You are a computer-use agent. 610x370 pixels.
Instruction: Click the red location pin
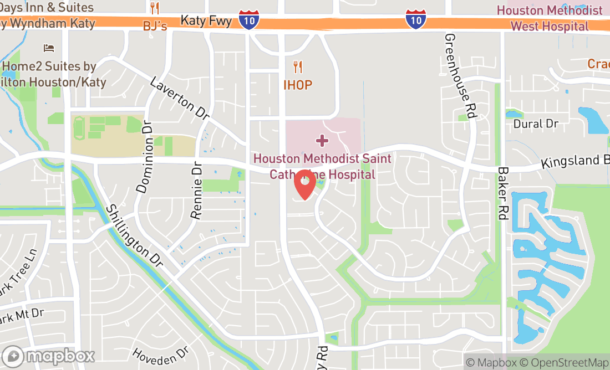pos(304,184)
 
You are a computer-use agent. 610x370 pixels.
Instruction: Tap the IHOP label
pos(298,85)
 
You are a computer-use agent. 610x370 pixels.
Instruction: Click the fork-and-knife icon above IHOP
pos(298,68)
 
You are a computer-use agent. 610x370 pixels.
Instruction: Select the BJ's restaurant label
pos(155,26)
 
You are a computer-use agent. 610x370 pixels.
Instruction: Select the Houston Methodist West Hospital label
pos(549,18)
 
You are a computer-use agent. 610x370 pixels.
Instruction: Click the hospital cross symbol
pos(321,140)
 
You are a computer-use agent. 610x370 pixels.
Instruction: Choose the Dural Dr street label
pos(535,124)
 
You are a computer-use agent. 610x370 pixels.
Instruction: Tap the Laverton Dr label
pos(180,99)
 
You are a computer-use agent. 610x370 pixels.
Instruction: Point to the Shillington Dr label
pos(135,235)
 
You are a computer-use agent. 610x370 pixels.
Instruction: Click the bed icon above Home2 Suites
pos(49,49)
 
